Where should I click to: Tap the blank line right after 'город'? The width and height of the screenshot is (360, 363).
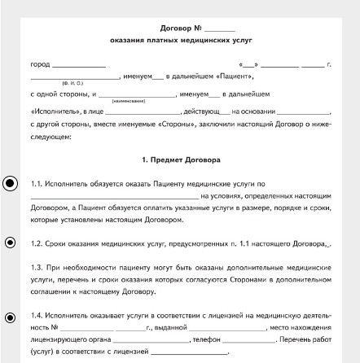pos(79,65)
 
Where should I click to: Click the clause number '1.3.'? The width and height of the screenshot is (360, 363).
pos(37,266)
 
